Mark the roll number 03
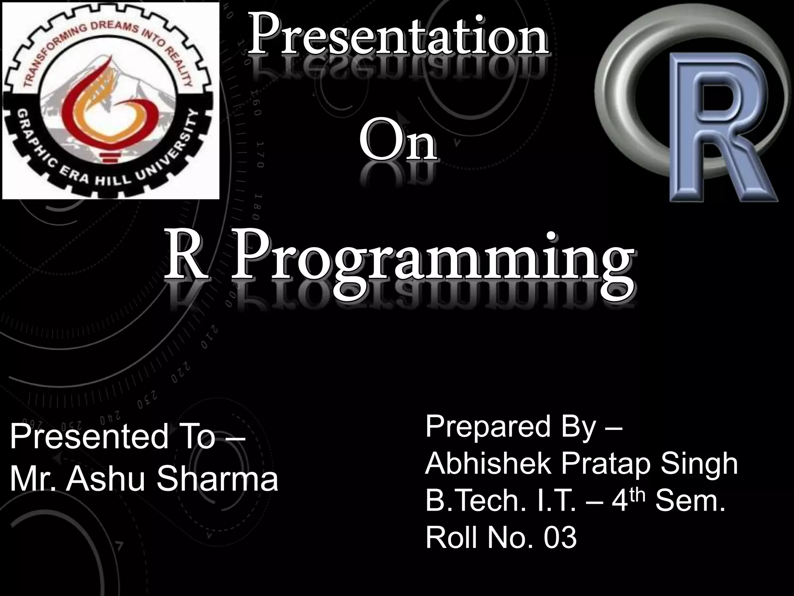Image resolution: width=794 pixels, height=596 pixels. click(x=560, y=538)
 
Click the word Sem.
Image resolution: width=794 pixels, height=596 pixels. click(x=690, y=501)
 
